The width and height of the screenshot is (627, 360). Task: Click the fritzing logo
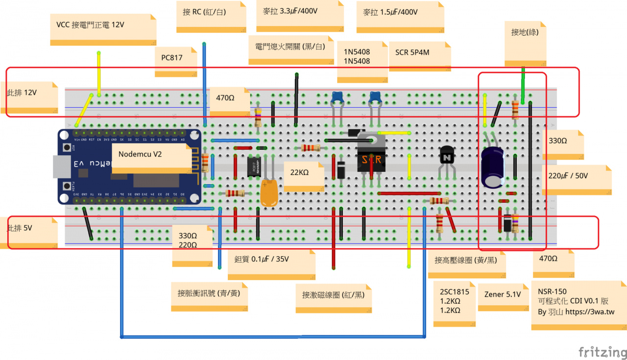pyautogui.click(x=602, y=352)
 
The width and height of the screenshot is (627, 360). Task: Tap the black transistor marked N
pyautogui.click(x=447, y=158)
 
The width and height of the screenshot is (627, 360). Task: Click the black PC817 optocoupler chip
pyautogui.click(x=254, y=168)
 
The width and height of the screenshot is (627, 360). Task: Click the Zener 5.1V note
pyautogui.click(x=502, y=295)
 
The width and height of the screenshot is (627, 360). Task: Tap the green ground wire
pyautogui.click(x=523, y=86)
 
